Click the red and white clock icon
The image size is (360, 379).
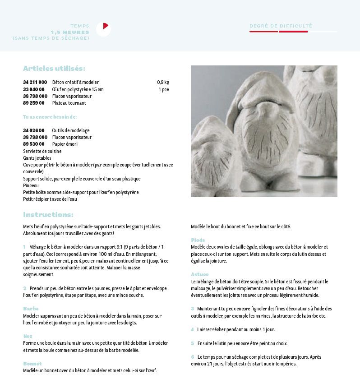(x=103, y=29)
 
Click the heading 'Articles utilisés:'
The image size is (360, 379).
(x=54, y=69)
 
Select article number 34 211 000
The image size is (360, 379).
(x=35, y=83)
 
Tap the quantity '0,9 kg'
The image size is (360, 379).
(x=163, y=83)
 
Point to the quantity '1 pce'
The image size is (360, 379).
(x=164, y=89)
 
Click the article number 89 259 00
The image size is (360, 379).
(x=33, y=103)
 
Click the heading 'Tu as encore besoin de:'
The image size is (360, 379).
(x=50, y=117)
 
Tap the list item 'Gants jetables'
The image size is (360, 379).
(x=37, y=158)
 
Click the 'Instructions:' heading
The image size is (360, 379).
(x=48, y=215)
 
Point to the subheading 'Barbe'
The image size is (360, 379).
(x=31, y=309)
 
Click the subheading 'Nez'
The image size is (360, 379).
(x=28, y=336)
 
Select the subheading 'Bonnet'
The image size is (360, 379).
(x=32, y=364)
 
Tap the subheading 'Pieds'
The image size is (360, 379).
(x=198, y=240)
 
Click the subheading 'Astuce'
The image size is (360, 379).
(x=200, y=274)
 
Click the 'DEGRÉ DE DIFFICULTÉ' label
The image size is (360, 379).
(x=281, y=26)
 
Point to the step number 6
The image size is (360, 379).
(x=193, y=357)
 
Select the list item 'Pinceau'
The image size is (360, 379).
(x=31, y=185)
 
